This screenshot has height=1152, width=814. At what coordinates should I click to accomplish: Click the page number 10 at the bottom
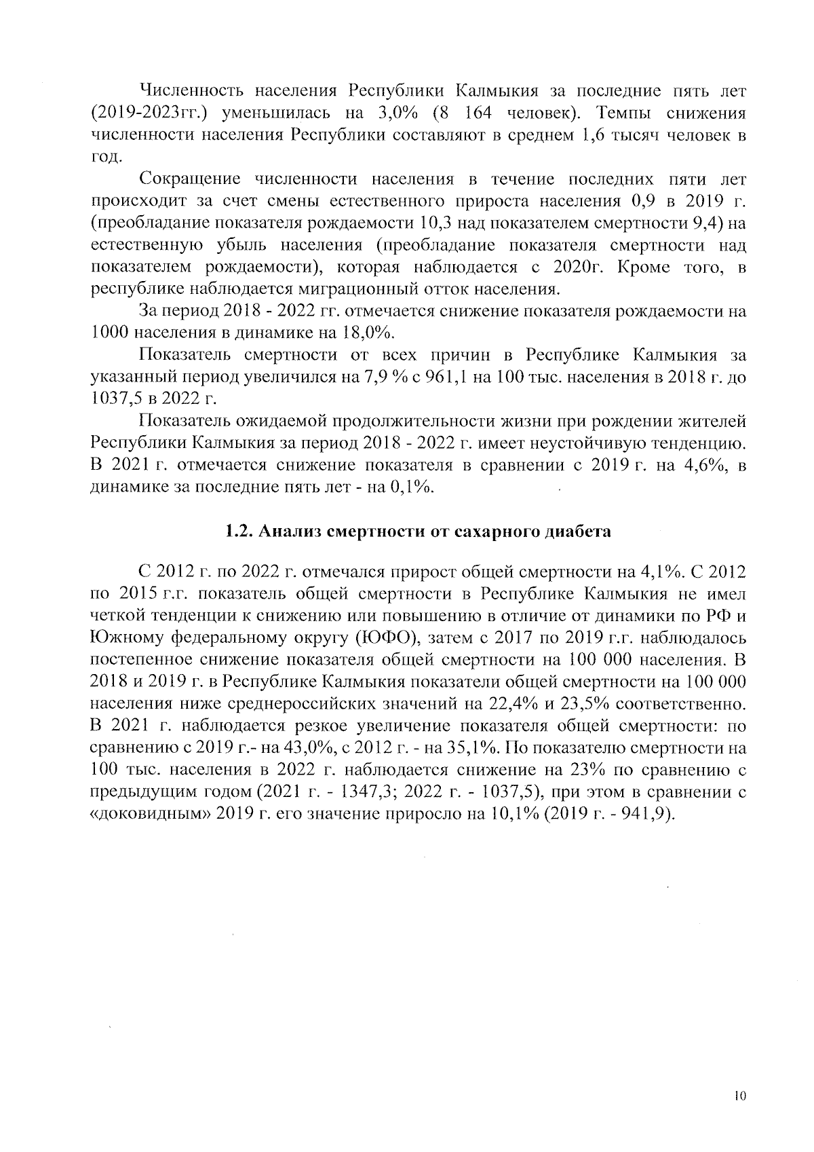pos(739,1096)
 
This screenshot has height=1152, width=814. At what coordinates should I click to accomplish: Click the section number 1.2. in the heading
pos(239,531)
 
